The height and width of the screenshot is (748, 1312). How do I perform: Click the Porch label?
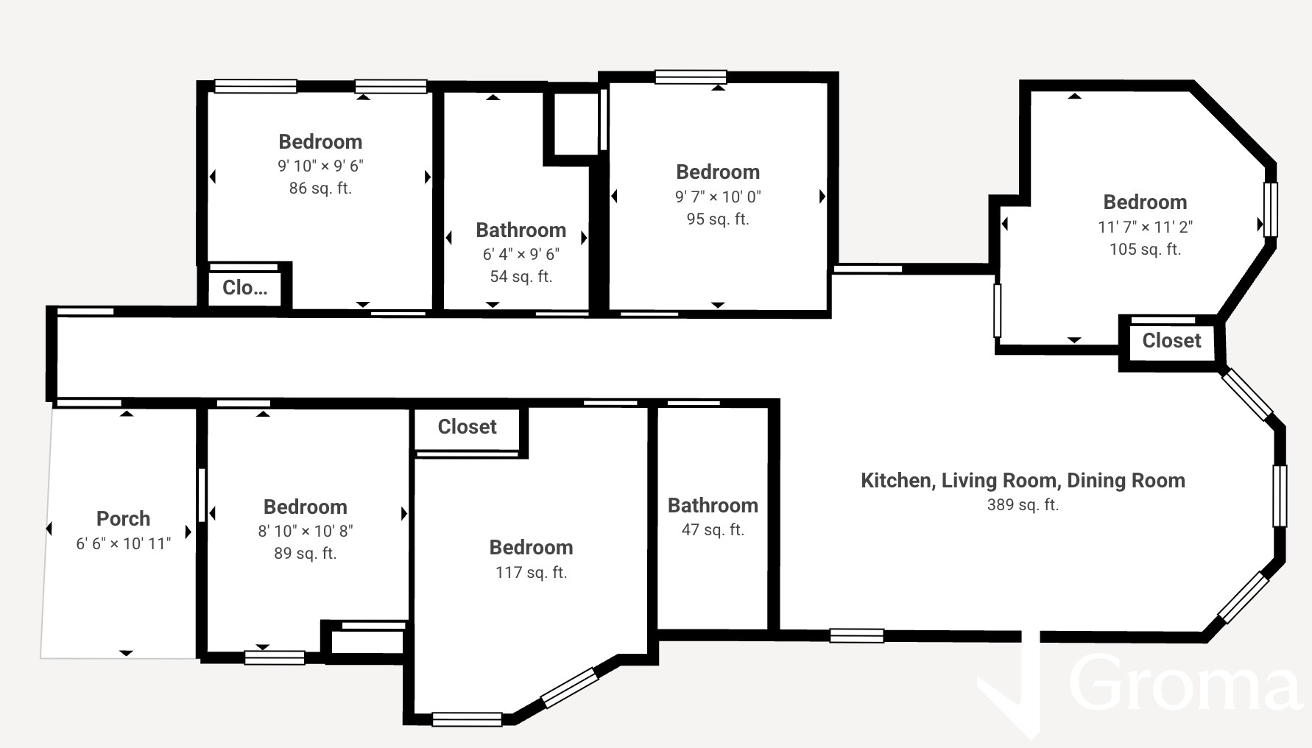tap(123, 518)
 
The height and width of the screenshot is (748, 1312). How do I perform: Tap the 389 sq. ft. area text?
tap(1023, 505)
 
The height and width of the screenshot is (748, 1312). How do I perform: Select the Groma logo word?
tap(1184, 684)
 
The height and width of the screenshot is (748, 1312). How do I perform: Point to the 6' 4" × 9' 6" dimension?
tap(521, 255)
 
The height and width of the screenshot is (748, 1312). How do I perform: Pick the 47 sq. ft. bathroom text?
tap(713, 530)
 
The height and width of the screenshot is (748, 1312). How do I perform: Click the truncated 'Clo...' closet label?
tap(245, 288)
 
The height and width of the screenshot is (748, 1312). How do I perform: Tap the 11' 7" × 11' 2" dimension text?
tap(1145, 227)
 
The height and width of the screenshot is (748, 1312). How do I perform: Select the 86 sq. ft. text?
tap(320, 188)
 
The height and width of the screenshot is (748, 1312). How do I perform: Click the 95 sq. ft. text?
tap(718, 219)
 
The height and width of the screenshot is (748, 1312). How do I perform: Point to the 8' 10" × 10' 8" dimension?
tap(306, 532)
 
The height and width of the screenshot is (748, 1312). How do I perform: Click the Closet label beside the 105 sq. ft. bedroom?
tap(1171, 341)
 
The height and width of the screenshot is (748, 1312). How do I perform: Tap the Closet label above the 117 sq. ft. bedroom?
tap(467, 427)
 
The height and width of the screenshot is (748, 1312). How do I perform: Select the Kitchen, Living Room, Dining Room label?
tap(1023, 481)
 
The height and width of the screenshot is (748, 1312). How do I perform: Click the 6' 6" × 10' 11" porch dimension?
tap(123, 544)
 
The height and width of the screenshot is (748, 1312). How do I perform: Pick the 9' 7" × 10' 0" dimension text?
tap(718, 197)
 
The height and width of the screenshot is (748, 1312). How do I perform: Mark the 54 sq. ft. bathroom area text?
tap(521, 277)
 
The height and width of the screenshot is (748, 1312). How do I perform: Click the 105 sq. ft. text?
tap(1145, 250)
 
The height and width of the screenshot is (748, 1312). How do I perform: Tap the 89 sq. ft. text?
tap(306, 554)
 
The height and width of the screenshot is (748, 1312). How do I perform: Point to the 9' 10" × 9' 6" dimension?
tap(320, 166)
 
